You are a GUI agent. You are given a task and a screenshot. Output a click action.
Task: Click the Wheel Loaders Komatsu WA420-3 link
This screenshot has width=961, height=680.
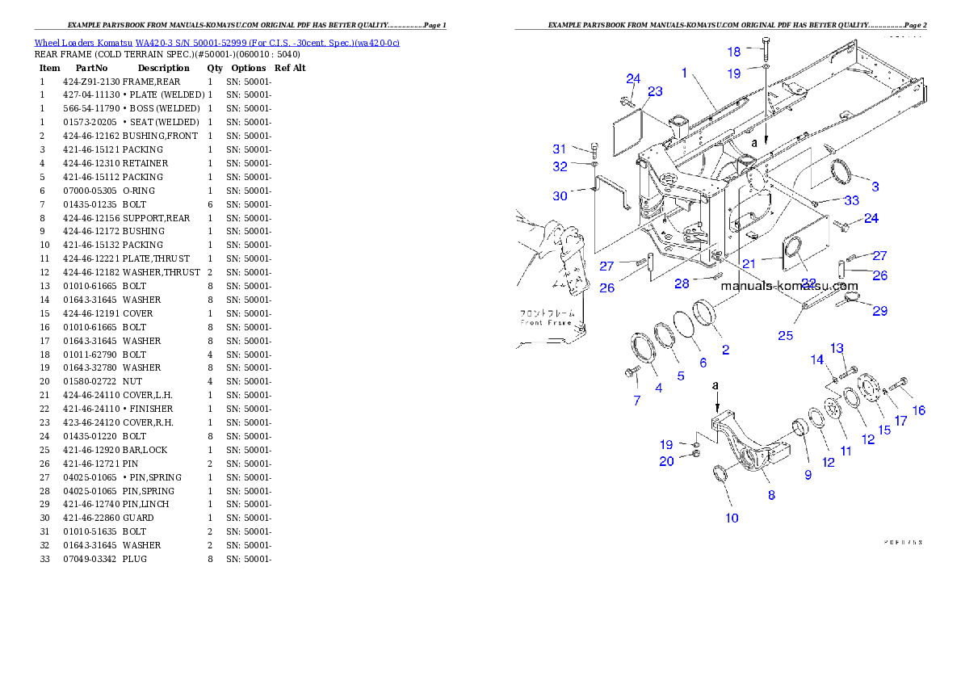tap(216, 43)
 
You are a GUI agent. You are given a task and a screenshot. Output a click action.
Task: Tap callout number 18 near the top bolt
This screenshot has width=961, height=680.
tap(733, 52)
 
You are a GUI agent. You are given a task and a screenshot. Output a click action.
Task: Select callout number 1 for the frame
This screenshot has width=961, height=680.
tap(684, 73)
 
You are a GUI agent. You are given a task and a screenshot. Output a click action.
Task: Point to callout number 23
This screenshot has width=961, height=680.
tap(655, 91)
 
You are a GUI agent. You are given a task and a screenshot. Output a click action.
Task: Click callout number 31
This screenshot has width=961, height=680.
tap(560, 149)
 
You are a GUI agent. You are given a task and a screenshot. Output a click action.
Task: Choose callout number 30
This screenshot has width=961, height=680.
tap(560, 195)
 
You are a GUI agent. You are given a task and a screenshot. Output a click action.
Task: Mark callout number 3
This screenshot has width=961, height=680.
tap(875, 187)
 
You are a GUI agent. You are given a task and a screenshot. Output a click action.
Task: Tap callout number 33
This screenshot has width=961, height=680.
tap(851, 200)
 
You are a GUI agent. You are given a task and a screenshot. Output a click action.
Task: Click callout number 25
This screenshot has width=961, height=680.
tap(785, 335)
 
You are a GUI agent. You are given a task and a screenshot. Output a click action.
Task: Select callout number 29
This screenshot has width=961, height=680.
tap(879, 311)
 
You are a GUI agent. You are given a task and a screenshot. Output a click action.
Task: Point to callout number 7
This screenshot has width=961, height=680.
tap(636, 401)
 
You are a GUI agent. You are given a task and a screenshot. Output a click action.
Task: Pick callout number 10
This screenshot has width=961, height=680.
tap(732, 518)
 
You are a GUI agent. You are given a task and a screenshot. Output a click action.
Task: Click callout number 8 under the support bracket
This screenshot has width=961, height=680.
tap(771, 495)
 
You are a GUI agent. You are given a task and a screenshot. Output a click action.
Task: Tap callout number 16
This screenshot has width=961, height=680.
tap(918, 410)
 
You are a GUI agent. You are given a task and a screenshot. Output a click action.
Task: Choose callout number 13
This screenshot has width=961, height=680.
tap(837, 348)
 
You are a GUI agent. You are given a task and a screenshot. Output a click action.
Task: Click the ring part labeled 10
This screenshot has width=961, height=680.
tap(720, 472)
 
